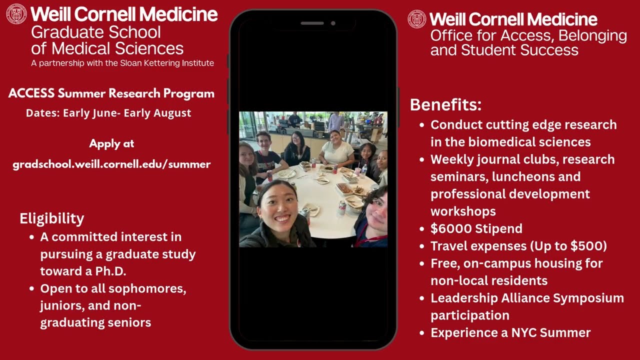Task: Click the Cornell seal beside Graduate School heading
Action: point(16,14)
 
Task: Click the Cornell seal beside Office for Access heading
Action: point(417,19)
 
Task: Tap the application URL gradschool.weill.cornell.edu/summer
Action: point(111,164)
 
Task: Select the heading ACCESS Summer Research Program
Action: point(111,93)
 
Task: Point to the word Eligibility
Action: point(51,218)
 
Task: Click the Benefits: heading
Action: point(445,105)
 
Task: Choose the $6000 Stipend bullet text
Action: point(476,229)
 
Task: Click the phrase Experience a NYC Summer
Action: point(510,333)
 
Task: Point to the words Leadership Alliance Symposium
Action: point(527,298)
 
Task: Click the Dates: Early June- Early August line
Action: point(108,113)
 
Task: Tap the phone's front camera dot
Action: point(333,23)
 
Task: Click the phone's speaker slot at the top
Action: point(312,23)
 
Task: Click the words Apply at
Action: point(111,144)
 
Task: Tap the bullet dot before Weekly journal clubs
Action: point(422,160)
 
